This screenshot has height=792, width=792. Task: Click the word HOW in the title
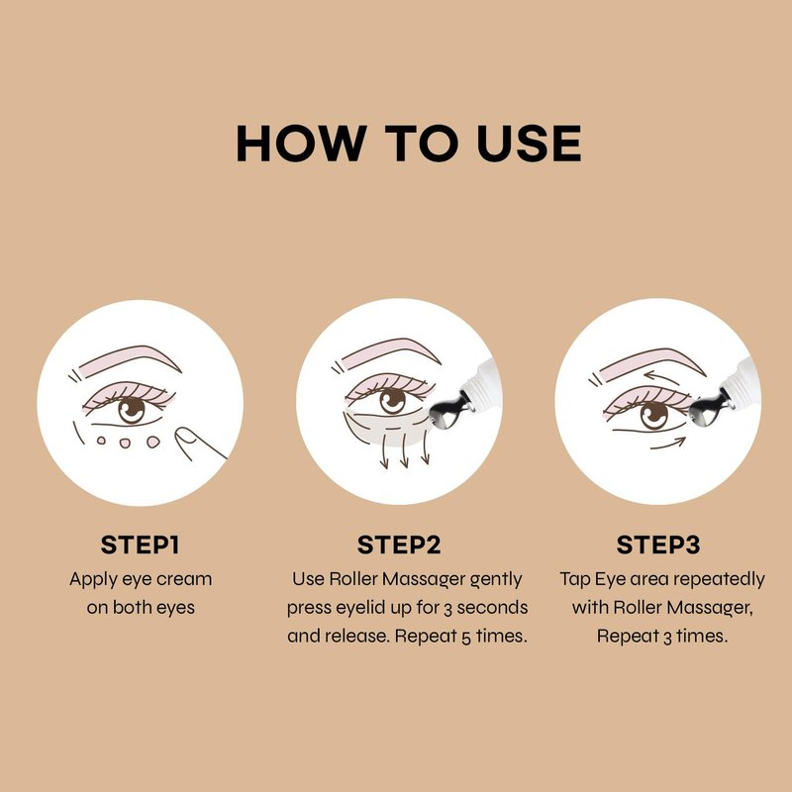click(x=301, y=144)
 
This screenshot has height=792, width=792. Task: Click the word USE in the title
click(x=529, y=144)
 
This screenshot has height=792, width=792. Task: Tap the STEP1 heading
click(x=140, y=545)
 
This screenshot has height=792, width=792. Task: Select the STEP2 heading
click(x=399, y=545)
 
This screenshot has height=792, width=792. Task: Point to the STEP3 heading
click(x=658, y=545)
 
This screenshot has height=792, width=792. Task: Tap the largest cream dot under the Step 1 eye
click(x=153, y=443)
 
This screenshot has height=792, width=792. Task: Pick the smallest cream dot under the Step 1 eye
click(x=101, y=441)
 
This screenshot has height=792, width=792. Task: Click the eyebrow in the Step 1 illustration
click(x=130, y=359)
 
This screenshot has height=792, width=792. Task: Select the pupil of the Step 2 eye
click(x=392, y=402)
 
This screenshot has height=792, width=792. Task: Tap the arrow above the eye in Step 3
click(x=661, y=377)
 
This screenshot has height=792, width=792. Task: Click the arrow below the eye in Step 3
click(x=667, y=444)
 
